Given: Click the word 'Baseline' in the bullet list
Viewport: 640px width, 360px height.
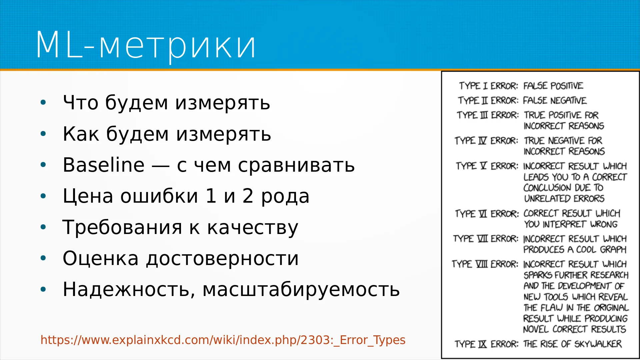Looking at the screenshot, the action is click(x=104, y=165).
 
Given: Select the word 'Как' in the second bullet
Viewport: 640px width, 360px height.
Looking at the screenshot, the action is click(x=81, y=134).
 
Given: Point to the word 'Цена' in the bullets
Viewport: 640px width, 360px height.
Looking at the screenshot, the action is click(x=88, y=196).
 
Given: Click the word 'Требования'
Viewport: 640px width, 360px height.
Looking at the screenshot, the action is click(x=122, y=227).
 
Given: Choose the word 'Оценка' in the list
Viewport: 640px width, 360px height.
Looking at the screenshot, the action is click(x=101, y=258).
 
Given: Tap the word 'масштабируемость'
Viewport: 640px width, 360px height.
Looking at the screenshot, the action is click(x=301, y=289).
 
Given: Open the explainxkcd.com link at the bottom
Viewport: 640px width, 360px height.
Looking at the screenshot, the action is click(x=223, y=340).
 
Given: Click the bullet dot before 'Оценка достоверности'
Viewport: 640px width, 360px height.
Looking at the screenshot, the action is click(x=43, y=258).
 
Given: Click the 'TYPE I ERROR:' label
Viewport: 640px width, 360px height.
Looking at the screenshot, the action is click(x=489, y=86).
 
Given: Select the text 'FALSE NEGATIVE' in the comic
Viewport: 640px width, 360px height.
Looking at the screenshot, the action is click(x=555, y=100).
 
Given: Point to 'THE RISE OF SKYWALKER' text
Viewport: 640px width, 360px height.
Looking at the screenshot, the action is click(x=572, y=344).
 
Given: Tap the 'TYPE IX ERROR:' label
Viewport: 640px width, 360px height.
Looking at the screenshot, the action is click(x=487, y=344).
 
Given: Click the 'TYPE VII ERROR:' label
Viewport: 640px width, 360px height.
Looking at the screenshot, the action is click(x=486, y=239).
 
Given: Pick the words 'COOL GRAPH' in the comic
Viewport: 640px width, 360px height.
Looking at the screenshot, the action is click(x=601, y=249).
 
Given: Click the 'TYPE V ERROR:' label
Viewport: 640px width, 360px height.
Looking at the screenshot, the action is click(x=487, y=166).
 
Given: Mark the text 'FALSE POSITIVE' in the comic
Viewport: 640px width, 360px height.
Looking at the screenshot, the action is click(x=553, y=86).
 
